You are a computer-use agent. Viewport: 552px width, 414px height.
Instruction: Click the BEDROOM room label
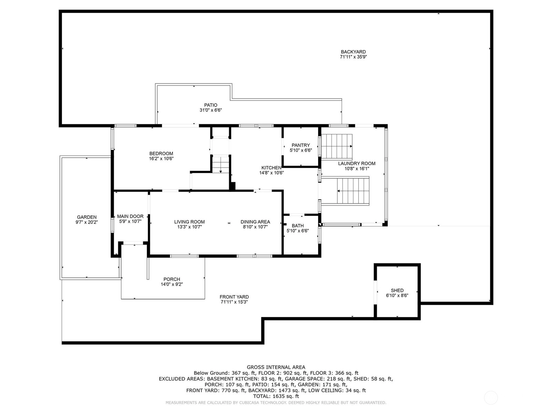pos(161,154)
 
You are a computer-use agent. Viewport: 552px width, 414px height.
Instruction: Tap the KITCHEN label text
pos(272,168)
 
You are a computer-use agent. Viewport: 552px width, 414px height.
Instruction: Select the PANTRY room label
pos(301,145)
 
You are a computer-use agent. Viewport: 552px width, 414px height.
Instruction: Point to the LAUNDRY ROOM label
pos(357,164)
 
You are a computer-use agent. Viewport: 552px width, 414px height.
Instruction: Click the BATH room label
pos(298,226)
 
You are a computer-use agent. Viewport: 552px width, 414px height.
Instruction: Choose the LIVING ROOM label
pos(189,222)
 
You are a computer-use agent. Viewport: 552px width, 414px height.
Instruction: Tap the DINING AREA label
pos(255,222)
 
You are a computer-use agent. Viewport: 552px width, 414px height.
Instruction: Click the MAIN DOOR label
pos(130,216)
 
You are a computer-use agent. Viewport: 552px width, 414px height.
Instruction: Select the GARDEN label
pos(87,217)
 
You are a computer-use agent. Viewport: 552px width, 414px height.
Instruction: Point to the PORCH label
pos(172,279)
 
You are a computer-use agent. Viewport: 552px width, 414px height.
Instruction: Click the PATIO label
pos(211,105)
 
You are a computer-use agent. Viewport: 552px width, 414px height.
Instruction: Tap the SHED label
pos(397,290)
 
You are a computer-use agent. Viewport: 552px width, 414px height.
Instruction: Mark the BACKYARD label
pos(353,52)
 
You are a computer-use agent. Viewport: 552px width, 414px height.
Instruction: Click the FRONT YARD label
pos(234,297)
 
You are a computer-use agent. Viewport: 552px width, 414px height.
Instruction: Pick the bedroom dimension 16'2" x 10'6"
pos(161,159)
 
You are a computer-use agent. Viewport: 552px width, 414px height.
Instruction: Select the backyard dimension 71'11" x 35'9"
pos(353,57)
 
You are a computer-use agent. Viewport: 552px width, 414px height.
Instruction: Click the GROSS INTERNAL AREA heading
pos(276,367)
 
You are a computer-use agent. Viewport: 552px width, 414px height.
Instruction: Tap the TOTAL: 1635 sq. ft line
pos(276,396)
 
